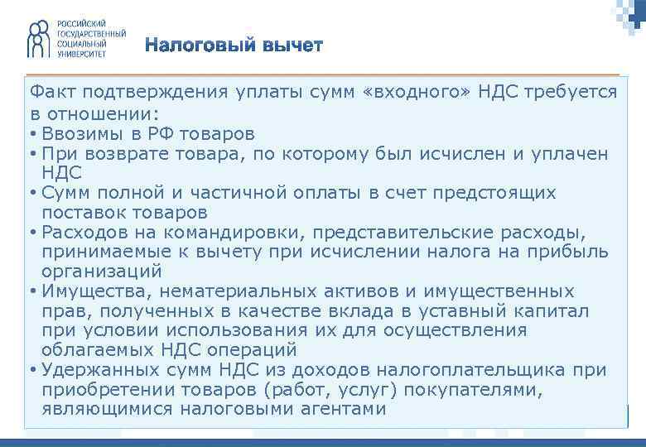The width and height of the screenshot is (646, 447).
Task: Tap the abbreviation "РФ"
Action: click(x=171, y=133)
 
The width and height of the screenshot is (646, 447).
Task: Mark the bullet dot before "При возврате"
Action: click(x=31, y=154)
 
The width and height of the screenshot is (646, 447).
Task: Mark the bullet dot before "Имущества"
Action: click(x=31, y=292)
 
